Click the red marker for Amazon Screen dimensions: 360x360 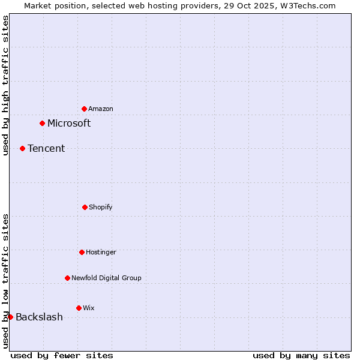(x=85, y=109)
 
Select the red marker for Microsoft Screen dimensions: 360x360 (x=42, y=123)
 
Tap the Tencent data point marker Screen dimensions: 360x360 (x=22, y=148)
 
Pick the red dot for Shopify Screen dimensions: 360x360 (x=85, y=207)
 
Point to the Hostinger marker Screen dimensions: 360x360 (x=82, y=252)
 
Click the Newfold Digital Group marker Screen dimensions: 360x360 (x=67, y=278)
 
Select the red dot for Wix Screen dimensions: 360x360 (x=79, y=308)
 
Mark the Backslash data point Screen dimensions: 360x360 (x=10, y=317)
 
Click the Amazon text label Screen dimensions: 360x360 (x=101, y=109)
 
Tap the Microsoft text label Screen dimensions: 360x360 (x=69, y=123)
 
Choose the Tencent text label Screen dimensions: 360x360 (x=46, y=148)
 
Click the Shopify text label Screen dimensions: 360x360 (x=101, y=207)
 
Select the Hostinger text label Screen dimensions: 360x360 (x=101, y=252)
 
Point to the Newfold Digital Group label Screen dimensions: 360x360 (x=106, y=278)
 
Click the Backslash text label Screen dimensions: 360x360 (x=39, y=317)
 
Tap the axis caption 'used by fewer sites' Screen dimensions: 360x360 (x=62, y=355)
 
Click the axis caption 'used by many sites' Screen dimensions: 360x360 (x=301, y=355)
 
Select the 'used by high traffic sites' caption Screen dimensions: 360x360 (x=5, y=85)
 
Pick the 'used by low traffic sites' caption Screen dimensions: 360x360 (x=5, y=281)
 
